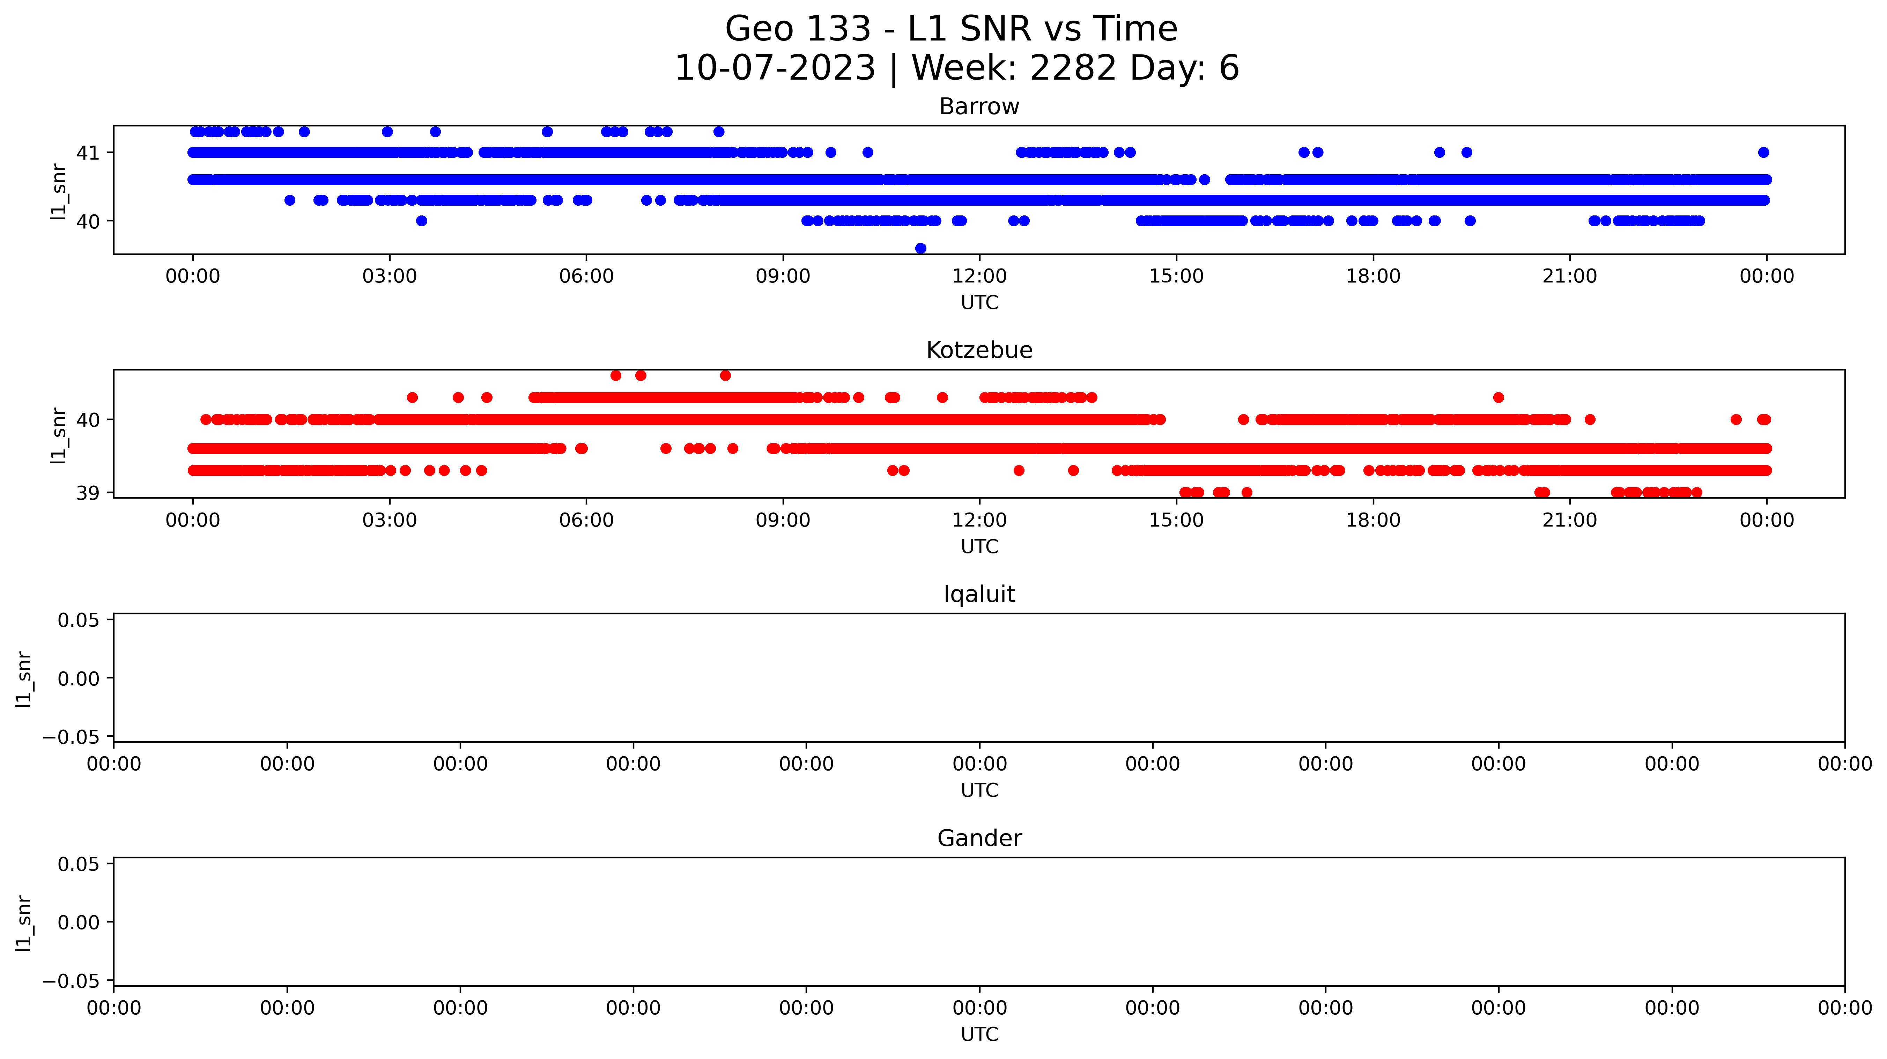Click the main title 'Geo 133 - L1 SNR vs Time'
coord(951,29)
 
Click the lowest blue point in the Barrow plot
coord(921,249)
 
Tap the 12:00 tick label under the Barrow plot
coord(979,276)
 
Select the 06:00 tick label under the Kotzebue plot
coord(586,520)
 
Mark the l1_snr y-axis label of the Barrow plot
coord(59,192)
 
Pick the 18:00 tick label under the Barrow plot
coord(1373,276)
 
